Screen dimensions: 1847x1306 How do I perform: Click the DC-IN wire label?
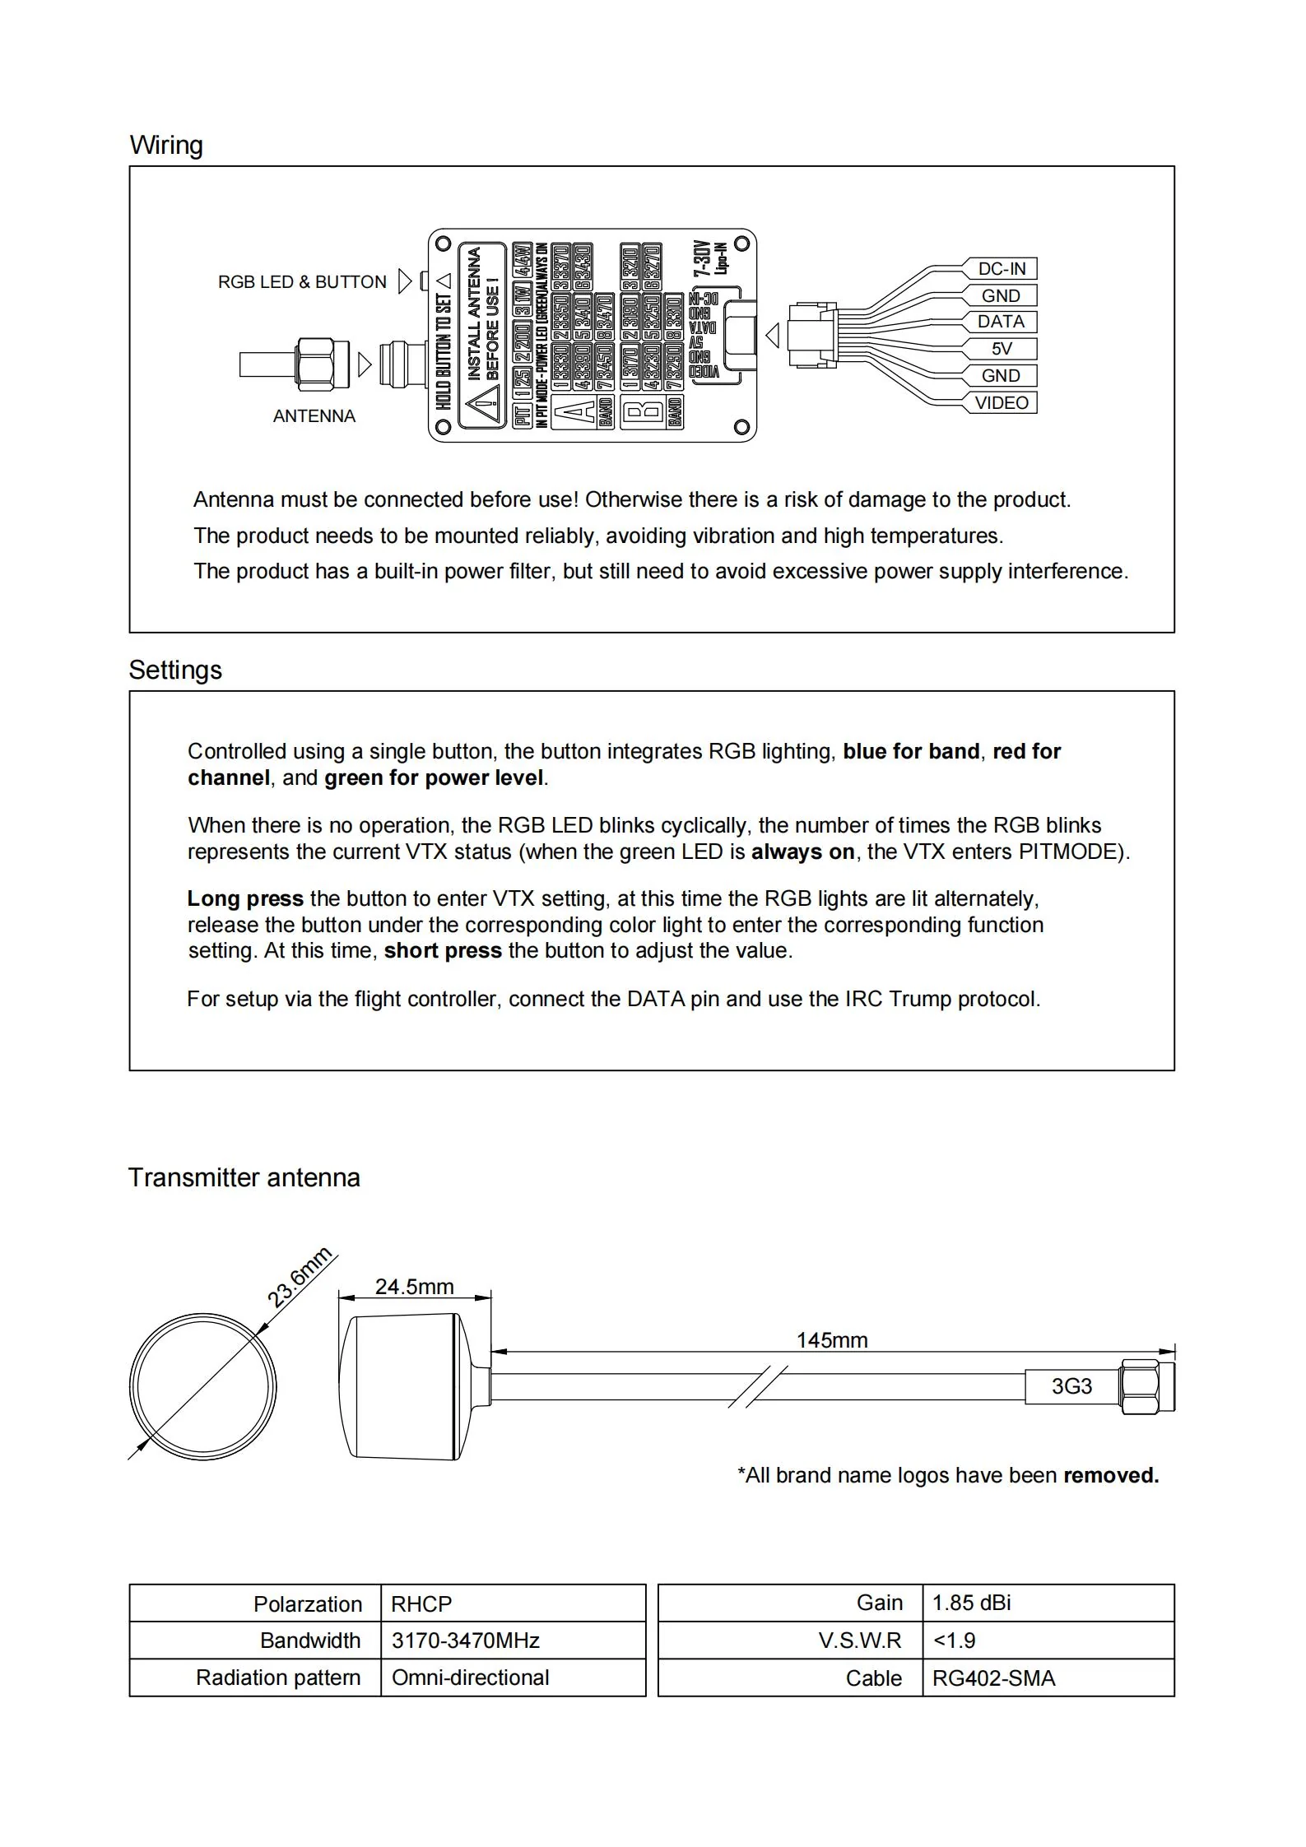1001,269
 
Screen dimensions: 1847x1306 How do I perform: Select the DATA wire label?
1001,322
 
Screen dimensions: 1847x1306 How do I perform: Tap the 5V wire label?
1001,349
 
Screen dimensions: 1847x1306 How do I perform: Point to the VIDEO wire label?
1001,402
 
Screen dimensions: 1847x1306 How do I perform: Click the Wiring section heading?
166,146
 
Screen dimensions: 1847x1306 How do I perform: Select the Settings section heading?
175,670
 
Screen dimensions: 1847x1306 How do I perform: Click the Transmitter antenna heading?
244,1177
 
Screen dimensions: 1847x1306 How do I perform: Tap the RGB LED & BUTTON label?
302,282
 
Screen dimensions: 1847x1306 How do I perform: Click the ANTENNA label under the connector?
314,416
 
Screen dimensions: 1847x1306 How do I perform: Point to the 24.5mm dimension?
414,1286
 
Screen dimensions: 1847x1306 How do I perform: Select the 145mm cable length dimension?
831,1340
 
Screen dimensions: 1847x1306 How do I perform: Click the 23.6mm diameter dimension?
300,1277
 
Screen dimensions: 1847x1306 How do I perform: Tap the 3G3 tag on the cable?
1071,1386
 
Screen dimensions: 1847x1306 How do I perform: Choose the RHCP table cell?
421,1603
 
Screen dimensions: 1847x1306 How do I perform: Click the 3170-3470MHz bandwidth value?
465,1640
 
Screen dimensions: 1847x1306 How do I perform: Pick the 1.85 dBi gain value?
971,1603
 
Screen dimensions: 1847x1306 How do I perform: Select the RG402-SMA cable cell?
993,1678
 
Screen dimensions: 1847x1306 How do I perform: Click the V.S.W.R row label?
860,1640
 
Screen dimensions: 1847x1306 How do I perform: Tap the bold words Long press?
245,898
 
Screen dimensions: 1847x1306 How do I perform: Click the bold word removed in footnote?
1111,1475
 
